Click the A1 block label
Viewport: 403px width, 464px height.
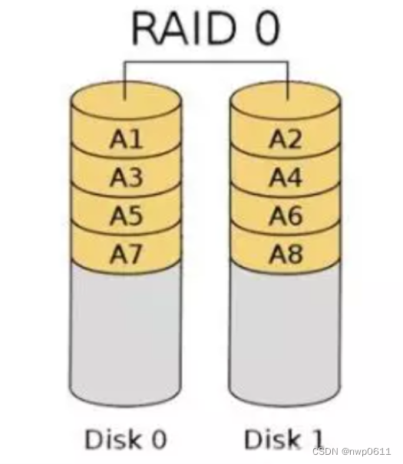(x=127, y=139)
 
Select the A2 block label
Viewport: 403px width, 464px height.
(x=286, y=139)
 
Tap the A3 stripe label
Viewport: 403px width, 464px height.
(x=127, y=177)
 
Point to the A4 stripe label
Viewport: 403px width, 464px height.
(x=286, y=177)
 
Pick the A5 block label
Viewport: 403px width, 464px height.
(x=127, y=216)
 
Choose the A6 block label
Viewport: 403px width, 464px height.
(x=286, y=216)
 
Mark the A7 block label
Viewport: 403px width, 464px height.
(x=126, y=254)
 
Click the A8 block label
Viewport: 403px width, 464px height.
(x=286, y=254)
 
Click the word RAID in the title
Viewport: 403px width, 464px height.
(x=184, y=28)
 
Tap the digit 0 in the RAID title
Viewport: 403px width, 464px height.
(x=267, y=28)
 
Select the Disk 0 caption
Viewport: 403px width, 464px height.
(x=126, y=439)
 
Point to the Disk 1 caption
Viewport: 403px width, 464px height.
(x=283, y=439)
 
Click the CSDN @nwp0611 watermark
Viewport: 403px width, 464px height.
(x=352, y=452)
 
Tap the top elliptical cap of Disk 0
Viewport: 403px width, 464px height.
(x=126, y=100)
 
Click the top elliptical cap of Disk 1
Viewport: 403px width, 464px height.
(x=285, y=100)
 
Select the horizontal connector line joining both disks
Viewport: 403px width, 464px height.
(x=206, y=62)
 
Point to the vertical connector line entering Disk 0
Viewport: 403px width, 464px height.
(x=125, y=81)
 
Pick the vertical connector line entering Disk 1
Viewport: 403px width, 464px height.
(x=288, y=81)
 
